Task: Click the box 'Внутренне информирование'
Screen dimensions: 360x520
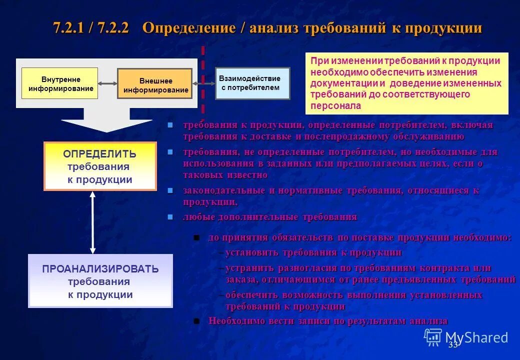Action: coord(60,83)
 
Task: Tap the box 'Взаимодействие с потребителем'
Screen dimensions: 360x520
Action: coord(252,83)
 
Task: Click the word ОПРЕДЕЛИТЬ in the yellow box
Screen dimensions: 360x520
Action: coord(99,154)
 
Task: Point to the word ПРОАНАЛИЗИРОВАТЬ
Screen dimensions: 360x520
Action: coord(100,269)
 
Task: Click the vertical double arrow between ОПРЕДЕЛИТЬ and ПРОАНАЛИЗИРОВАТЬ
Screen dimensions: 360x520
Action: coord(92,222)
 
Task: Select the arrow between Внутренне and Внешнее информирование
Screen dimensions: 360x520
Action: coord(107,83)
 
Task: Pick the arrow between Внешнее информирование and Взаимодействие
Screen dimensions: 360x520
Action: coord(203,84)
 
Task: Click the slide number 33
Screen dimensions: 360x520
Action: coord(453,345)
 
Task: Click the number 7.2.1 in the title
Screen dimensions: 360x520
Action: coord(69,28)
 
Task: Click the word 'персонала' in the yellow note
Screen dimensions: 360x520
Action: coord(335,106)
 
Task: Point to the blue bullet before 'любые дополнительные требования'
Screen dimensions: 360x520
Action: coord(170,217)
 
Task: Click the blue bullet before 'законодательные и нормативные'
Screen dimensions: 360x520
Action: coord(170,190)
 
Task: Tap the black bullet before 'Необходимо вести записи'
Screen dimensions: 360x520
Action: coord(196,321)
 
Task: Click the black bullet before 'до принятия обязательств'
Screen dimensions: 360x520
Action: coord(196,237)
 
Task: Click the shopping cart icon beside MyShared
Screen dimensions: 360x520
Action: coord(432,337)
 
